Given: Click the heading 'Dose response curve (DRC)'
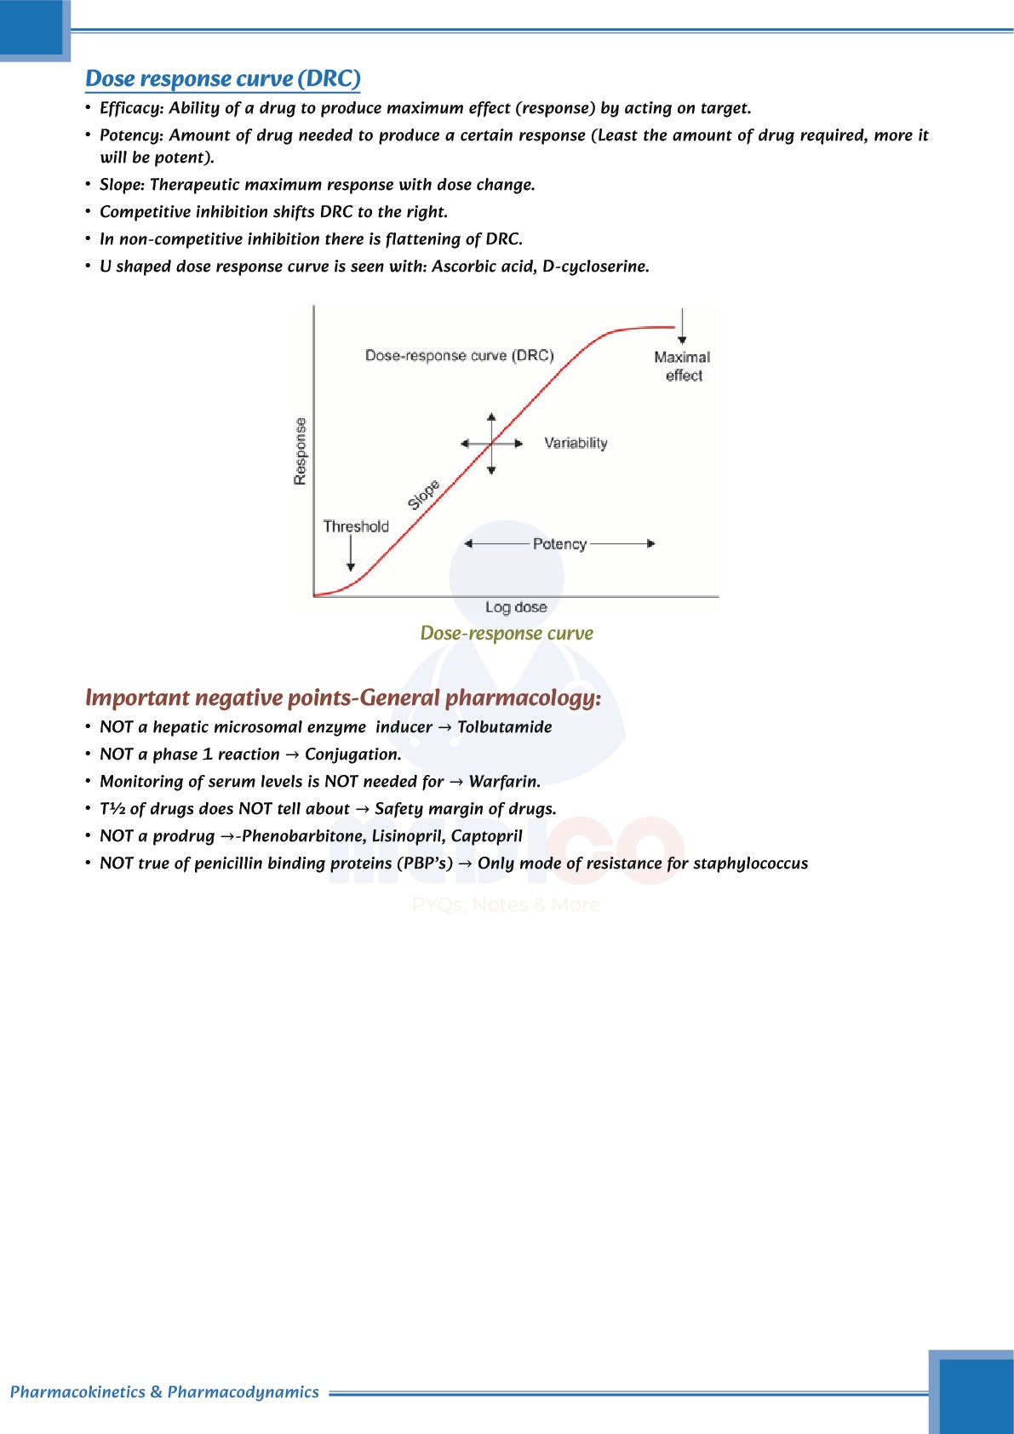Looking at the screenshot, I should (223, 79).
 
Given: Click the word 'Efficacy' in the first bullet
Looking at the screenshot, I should (130, 108).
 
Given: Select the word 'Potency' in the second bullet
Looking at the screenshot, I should (129, 135).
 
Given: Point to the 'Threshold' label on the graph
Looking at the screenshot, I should (356, 526).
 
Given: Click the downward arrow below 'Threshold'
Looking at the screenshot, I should (351, 554).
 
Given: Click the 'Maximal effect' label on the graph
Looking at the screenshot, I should (682, 366).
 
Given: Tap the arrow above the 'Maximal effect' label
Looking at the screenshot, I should (682, 327).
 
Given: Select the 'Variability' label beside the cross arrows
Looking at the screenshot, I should (576, 443).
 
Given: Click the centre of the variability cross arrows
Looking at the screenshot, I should (492, 444).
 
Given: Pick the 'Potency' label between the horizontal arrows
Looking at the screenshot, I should (559, 544).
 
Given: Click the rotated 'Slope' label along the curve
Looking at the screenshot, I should (423, 495).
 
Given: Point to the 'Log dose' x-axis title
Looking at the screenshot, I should (516, 607).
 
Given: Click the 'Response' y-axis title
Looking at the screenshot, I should (300, 451).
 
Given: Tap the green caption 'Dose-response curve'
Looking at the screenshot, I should (507, 634).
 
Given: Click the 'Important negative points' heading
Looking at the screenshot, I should (343, 698).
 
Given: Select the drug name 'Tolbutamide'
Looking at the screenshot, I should (505, 727).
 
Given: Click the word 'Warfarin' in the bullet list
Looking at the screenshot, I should (504, 782).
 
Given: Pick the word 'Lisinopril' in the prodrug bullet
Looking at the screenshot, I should (407, 836).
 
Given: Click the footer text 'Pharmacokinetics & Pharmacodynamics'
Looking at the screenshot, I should (164, 1392).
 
